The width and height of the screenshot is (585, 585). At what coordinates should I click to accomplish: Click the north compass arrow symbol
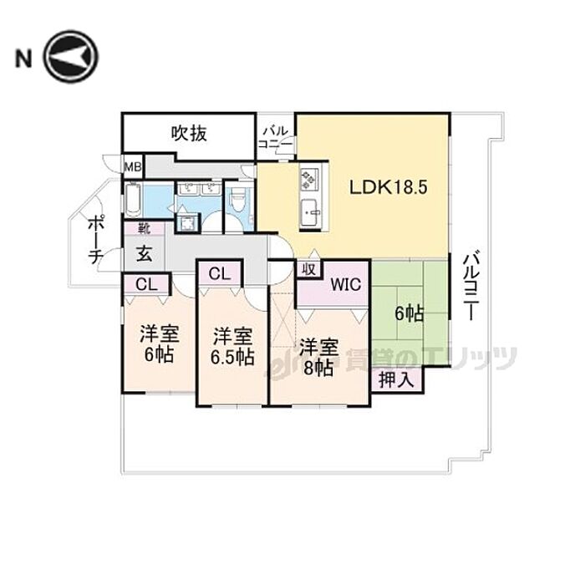coord(72,58)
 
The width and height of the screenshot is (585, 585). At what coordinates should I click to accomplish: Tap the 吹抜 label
coord(190,133)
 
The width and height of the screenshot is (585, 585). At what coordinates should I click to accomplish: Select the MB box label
coord(133,166)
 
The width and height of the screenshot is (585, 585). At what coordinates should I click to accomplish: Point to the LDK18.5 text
coord(389,187)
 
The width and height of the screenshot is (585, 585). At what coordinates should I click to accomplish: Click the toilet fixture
coord(237,199)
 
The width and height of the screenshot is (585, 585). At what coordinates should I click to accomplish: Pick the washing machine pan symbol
coord(189,222)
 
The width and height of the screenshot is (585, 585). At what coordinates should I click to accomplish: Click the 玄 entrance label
coord(144,252)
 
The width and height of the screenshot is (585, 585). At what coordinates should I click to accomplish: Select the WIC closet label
coord(345,284)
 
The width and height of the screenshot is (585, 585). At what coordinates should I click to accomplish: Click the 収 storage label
coord(308,269)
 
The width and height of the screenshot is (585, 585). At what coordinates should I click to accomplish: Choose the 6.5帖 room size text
coord(232,358)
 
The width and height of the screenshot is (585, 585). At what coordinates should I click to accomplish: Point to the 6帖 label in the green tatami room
coord(409,313)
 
